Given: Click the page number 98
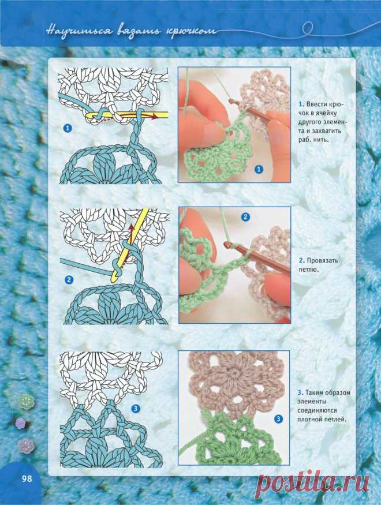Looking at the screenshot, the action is tap(27, 478).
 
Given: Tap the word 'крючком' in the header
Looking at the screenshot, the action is tap(191, 32).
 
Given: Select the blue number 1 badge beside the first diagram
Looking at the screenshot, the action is tap(68, 128).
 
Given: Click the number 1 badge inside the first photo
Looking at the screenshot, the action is tap(259, 169).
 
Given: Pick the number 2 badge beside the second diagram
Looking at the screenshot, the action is tap(69, 279).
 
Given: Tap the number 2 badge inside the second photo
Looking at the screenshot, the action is tap(245, 217).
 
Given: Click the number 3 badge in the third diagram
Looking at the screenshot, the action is tap(136, 409).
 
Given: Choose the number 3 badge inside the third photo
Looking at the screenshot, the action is tap(278, 419).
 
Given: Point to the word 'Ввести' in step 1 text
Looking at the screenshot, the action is tap(316, 104).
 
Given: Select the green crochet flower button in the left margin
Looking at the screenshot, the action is tap(26, 401).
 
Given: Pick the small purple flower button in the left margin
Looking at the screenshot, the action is tap(20, 422).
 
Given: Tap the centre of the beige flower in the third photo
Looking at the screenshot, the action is tap(233, 375).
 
